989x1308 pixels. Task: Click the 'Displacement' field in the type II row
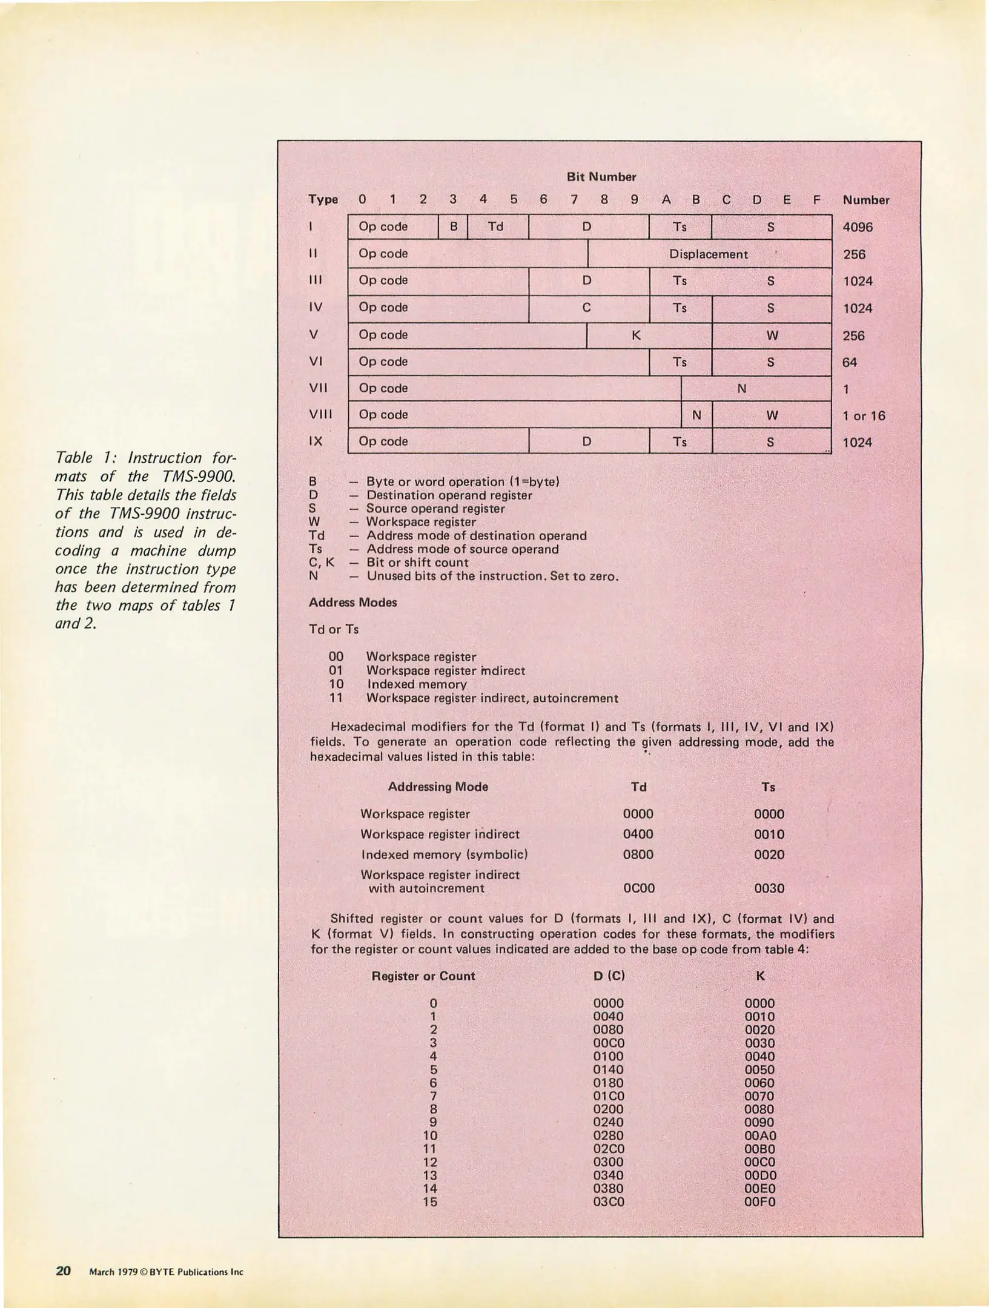[709, 254]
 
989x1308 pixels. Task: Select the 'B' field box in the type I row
[453, 227]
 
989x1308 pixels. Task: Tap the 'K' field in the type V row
[636, 335]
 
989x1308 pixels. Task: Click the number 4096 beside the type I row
[858, 228]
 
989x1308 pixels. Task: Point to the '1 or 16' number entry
[864, 416]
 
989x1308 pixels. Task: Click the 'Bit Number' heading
[601, 177]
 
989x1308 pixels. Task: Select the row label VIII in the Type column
[320, 415]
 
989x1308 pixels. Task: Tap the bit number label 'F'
[816, 200]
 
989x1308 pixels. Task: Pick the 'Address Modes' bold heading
[352, 603]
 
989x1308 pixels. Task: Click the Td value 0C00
[638, 888]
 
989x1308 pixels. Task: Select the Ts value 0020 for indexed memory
[769, 854]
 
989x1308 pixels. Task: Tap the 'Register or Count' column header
[423, 976]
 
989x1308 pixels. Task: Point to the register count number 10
[430, 1135]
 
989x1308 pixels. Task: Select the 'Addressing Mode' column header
[437, 787]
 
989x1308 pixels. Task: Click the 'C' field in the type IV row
[586, 308]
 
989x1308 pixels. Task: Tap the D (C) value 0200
[608, 1109]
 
